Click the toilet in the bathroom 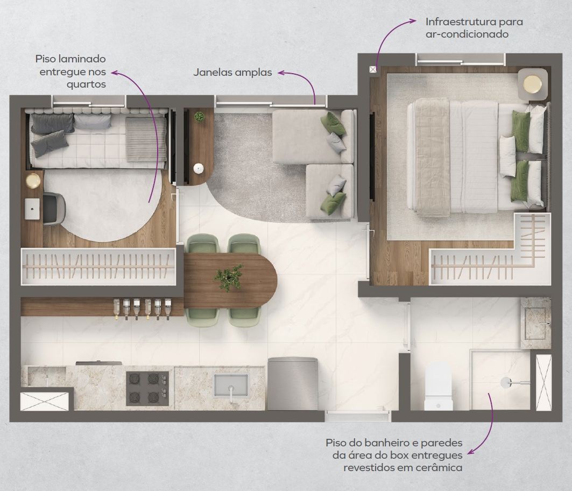pos(439,386)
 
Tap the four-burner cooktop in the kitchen pos(147,389)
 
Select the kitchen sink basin pos(230,385)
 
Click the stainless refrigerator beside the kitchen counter pos(293,384)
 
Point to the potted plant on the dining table pos(228,277)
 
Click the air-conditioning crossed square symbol pos(372,69)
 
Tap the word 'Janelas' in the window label pos(213,72)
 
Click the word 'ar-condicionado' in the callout pos(467,34)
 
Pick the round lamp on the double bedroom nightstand pos(533,84)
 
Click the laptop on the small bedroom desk pos(32,209)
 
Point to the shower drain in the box pos(506,383)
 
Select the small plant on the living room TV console pos(199,117)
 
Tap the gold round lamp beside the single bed pos(33,181)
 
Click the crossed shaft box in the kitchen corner pos(44,401)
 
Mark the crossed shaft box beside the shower pos(543,382)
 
